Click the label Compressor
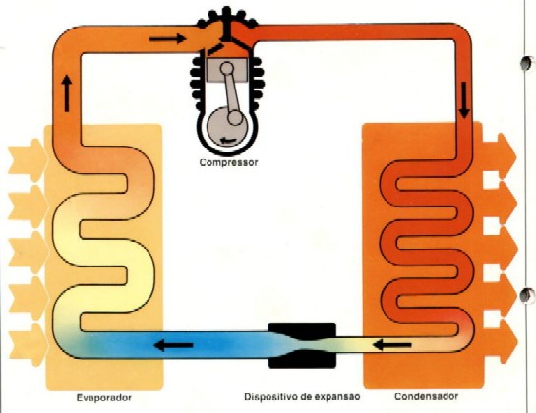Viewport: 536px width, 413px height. pyautogui.click(x=229, y=162)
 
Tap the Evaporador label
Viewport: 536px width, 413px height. pyautogui.click(x=104, y=398)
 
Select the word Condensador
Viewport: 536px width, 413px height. pyautogui.click(x=426, y=396)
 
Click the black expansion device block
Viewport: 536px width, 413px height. pyautogui.click(x=302, y=345)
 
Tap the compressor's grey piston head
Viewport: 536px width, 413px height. pyautogui.click(x=226, y=70)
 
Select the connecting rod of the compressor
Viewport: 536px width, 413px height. pyautogui.click(x=231, y=93)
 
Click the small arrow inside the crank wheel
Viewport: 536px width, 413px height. pyautogui.click(x=228, y=140)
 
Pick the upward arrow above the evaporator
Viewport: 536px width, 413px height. pyautogui.click(x=67, y=93)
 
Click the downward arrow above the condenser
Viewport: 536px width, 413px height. pyautogui.click(x=464, y=100)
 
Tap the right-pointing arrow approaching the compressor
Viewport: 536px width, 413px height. pyautogui.click(x=168, y=38)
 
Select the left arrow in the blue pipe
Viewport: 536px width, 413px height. pyautogui.click(x=174, y=345)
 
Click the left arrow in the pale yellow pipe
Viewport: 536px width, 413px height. pyautogui.click(x=392, y=345)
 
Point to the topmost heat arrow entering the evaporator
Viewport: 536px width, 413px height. pyautogui.click(x=28, y=160)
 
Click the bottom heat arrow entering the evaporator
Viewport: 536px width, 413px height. pyautogui.click(x=29, y=344)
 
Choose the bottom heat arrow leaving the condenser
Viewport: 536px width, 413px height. pyautogui.click(x=500, y=341)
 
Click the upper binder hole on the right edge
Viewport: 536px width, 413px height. pyautogui.click(x=527, y=63)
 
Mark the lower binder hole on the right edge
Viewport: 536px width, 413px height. pyautogui.click(x=527, y=295)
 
